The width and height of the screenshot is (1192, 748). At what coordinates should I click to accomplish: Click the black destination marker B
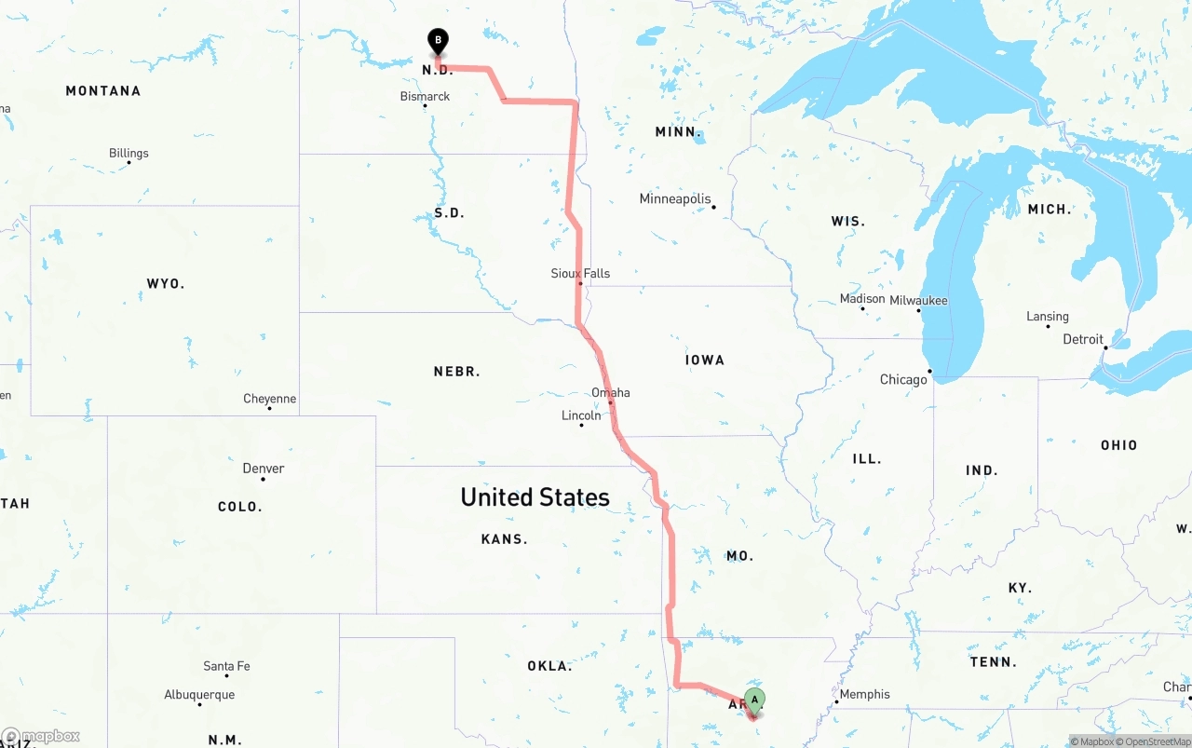[438, 42]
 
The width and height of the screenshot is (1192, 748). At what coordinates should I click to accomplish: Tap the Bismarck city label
[425, 97]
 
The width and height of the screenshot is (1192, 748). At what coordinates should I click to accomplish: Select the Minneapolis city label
[675, 199]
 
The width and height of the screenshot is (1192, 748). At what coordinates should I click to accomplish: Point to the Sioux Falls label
[580, 273]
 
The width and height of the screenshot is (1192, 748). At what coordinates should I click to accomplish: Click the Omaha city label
[611, 392]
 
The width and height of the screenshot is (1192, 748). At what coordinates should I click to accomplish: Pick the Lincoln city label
[581, 415]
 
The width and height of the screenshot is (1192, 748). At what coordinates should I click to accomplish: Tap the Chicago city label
[903, 379]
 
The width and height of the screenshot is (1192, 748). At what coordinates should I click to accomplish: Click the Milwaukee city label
[918, 301]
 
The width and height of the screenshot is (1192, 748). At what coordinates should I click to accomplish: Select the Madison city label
[862, 299]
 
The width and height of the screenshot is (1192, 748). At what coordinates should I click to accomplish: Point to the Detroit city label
[1083, 339]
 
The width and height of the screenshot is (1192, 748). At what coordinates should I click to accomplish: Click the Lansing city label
[1048, 317]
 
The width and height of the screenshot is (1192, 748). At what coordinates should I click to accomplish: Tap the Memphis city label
[864, 694]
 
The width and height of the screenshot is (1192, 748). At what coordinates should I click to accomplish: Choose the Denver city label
[264, 469]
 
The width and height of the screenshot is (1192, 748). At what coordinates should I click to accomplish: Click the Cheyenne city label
[270, 399]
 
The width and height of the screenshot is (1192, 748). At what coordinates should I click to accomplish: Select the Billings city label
[129, 154]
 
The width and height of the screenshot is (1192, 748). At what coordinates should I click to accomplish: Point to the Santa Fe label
[226, 666]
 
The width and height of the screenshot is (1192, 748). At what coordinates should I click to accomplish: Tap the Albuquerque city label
[199, 695]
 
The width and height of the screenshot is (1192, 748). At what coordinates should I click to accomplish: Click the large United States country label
[535, 497]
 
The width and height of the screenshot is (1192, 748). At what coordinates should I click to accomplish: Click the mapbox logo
[41, 737]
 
